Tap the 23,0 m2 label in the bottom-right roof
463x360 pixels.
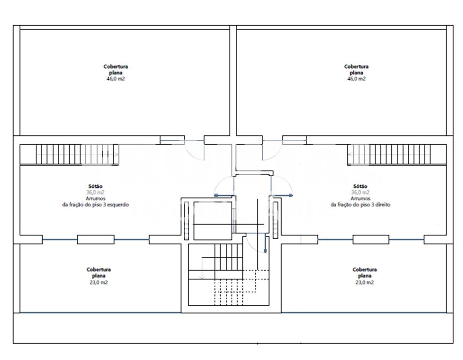pyautogui.click(x=365, y=282)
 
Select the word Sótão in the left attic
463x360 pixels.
pyautogui.click(x=96, y=186)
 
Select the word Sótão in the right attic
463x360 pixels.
pyautogui.click(x=360, y=186)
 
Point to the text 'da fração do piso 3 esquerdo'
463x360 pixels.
pyautogui.click(x=95, y=205)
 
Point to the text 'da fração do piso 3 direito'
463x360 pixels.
pyautogui.click(x=360, y=205)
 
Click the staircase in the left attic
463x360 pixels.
pyautogui.click(x=69, y=154)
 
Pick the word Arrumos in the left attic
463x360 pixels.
pyautogui.click(x=95, y=198)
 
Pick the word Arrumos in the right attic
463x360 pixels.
pyautogui.click(x=360, y=198)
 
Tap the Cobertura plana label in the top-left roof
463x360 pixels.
pyautogui.click(x=116, y=69)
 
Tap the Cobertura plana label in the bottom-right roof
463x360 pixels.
pyautogui.click(x=365, y=272)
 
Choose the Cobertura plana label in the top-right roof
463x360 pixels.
pyautogui.click(x=357, y=69)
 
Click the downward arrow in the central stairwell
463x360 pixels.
pyautogui.click(x=202, y=274)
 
